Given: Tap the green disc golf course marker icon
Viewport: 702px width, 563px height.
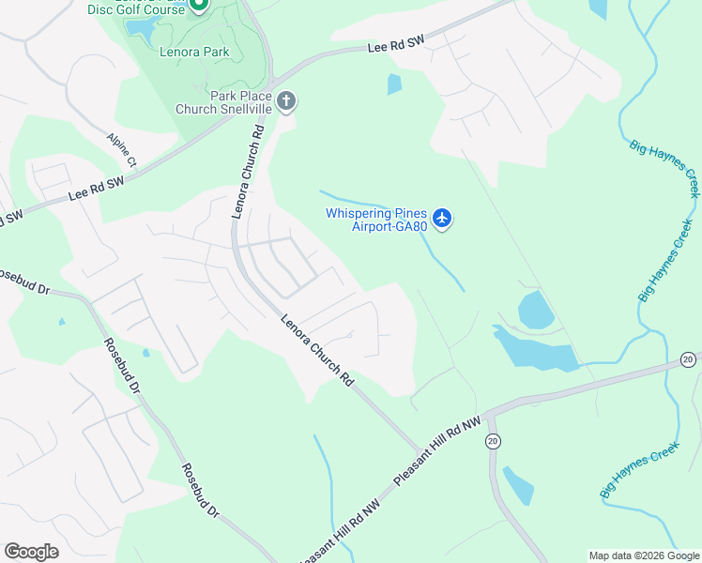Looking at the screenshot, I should (199, 6).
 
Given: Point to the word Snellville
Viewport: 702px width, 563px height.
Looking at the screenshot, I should (247, 109).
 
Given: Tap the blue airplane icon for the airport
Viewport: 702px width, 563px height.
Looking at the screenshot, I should (443, 220).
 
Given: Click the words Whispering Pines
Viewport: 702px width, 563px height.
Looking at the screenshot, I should (376, 213).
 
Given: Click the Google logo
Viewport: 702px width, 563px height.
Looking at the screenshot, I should (32, 552).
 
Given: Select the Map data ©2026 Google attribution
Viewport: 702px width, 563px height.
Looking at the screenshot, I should (644, 555).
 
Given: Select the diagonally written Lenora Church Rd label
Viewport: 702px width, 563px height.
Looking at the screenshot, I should (317, 351).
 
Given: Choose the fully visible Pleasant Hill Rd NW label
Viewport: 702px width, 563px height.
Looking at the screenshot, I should (436, 450).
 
